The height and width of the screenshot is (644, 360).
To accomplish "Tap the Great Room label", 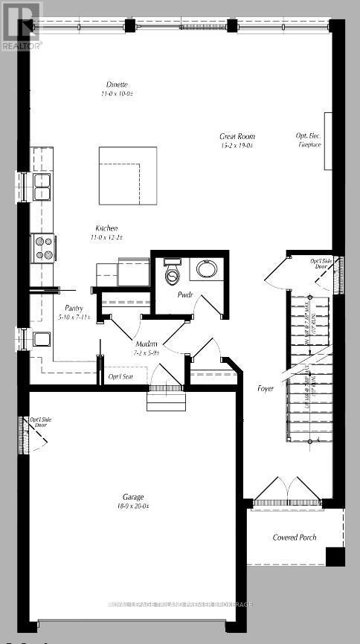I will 237,136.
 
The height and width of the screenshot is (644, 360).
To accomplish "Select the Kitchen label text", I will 107,228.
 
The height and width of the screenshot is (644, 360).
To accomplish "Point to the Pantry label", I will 73,308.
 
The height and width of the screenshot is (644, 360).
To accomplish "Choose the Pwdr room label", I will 184,294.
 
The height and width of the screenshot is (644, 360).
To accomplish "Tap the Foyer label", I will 266,388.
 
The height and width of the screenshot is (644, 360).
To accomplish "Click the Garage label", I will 134,496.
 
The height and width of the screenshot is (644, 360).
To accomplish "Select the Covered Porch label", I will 295,537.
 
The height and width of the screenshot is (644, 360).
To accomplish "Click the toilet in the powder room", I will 173,274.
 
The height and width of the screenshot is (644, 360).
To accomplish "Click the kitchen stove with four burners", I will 41,246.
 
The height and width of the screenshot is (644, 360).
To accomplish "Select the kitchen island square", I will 128,176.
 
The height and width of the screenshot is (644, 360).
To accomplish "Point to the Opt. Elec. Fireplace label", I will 309,141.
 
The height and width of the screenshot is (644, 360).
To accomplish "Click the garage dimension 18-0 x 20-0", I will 135,506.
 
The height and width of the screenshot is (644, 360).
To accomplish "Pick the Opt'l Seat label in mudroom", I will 120,378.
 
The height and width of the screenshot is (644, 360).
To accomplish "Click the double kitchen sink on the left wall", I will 41,187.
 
